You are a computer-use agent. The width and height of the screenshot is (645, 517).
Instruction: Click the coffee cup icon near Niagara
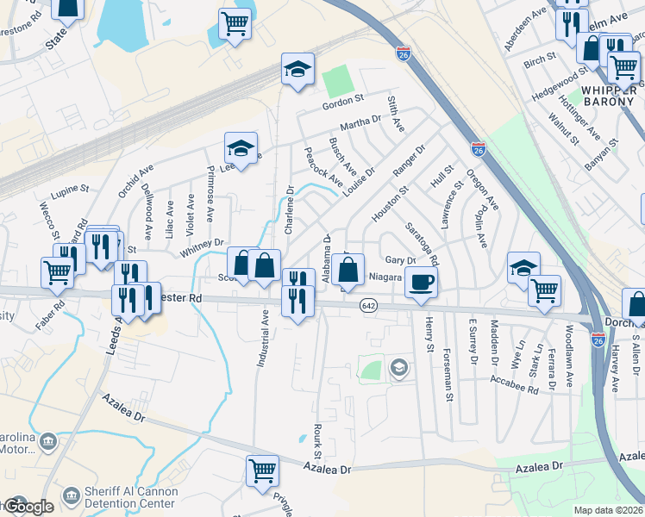(421, 282)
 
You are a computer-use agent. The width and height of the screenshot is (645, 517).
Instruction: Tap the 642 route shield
(369, 306)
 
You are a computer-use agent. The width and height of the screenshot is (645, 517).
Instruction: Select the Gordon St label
(344, 103)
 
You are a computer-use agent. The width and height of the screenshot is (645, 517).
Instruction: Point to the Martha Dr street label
(360, 122)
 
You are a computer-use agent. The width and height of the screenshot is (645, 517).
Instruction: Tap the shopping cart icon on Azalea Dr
(262, 470)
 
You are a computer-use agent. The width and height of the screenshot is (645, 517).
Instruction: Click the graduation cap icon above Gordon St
(297, 69)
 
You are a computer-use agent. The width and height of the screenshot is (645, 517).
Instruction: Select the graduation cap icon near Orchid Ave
(241, 147)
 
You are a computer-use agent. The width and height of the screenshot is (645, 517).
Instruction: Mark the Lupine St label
(70, 188)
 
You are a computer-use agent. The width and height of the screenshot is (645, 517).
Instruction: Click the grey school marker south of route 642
(398, 369)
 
